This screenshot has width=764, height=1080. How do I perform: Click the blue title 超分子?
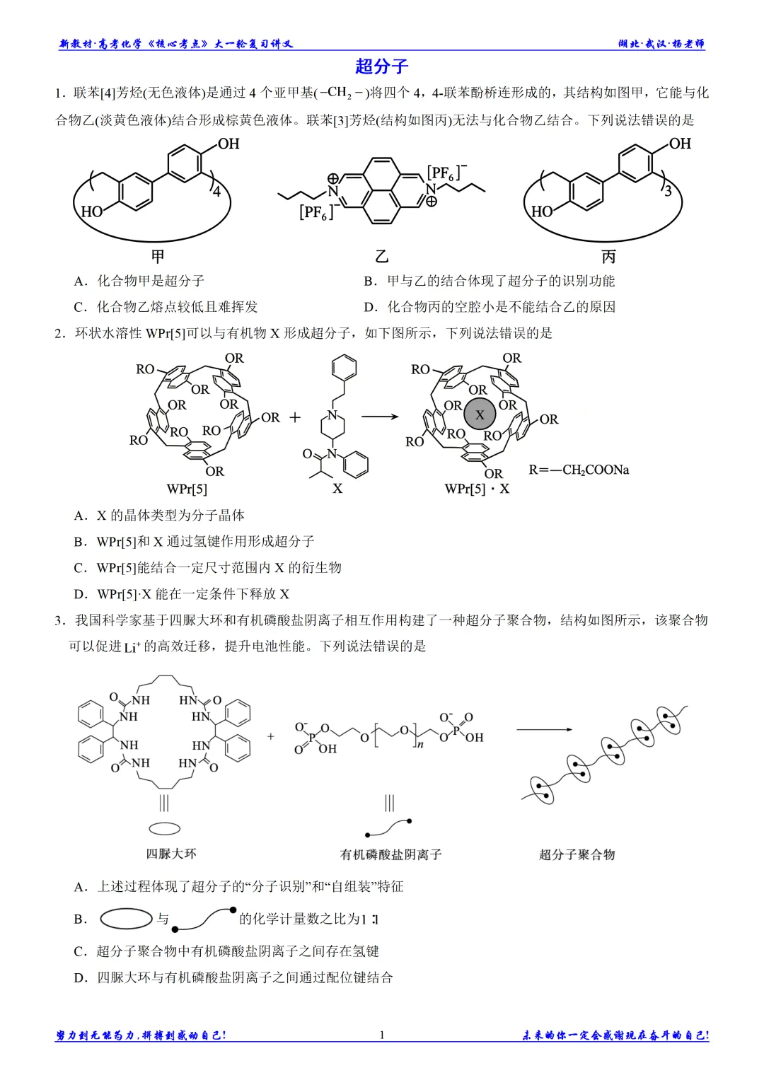pyautogui.click(x=381, y=66)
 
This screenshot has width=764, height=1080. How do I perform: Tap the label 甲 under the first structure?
pyautogui.click(x=158, y=256)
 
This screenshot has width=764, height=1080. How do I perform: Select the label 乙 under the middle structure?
pyautogui.click(x=381, y=256)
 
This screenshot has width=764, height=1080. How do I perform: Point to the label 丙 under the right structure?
pyautogui.click(x=608, y=256)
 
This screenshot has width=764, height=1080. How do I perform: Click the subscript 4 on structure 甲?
pyautogui.click(x=216, y=192)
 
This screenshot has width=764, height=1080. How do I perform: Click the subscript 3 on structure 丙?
pyautogui.click(x=668, y=192)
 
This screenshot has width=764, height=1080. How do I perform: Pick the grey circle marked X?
pyautogui.click(x=480, y=414)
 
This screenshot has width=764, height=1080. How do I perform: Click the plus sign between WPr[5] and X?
pyautogui.click(x=295, y=417)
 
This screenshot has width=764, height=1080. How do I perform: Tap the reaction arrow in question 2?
pyautogui.click(x=380, y=417)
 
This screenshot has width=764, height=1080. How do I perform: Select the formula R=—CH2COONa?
pyautogui.click(x=579, y=470)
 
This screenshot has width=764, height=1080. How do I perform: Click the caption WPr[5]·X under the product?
pyautogui.click(x=477, y=489)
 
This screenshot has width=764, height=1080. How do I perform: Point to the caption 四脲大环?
pyautogui.click(x=171, y=854)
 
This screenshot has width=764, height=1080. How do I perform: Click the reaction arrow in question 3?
pyautogui.click(x=544, y=729)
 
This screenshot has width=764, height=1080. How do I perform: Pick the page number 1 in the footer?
pyautogui.click(x=382, y=1035)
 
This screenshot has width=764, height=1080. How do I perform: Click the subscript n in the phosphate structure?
pyautogui.click(x=421, y=745)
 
